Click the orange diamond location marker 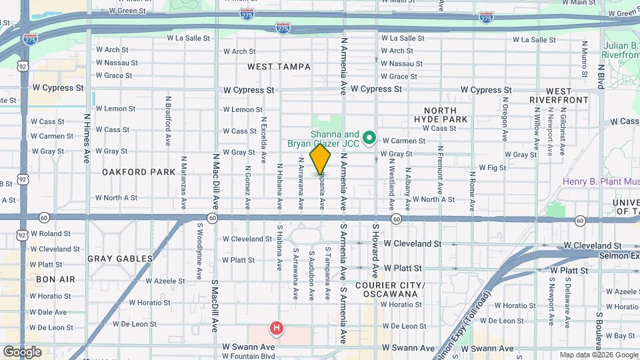321,159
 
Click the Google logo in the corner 22,352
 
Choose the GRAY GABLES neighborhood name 120,258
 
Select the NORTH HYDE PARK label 440,115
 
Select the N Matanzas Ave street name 183,180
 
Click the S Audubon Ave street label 311,275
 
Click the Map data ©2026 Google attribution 598,355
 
